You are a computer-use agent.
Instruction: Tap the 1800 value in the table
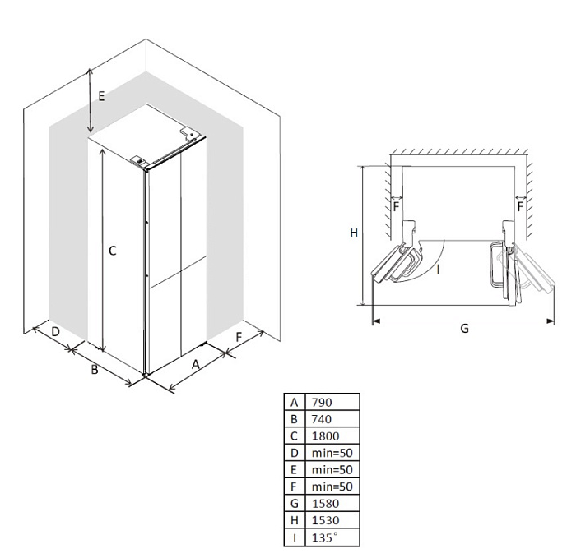coord(325,436)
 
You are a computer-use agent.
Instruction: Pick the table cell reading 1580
coord(325,503)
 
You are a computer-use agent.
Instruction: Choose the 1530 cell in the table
coord(325,520)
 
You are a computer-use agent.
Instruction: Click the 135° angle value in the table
coord(323,537)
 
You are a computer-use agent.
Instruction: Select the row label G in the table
coord(294,503)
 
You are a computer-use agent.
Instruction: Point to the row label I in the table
coord(294,537)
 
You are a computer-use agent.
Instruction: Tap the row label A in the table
coord(294,403)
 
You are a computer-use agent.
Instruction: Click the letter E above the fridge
coord(101,96)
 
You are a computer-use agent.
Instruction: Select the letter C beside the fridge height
coord(113,251)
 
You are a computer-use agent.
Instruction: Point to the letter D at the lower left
coord(55,332)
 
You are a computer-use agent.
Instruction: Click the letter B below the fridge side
coord(95,370)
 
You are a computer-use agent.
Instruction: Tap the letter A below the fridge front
coord(196,363)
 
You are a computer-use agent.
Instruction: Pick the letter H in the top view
coord(353,233)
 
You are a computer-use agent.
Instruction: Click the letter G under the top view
coord(464,329)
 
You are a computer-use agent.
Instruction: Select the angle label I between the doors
coord(439,268)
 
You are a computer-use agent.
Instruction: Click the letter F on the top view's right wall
coord(520,208)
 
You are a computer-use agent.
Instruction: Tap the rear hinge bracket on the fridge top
coord(190,131)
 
